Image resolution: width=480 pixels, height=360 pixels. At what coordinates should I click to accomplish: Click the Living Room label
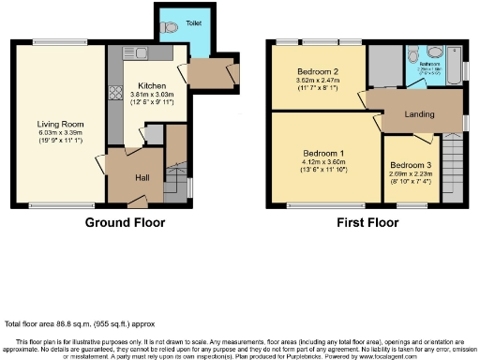point(55,124)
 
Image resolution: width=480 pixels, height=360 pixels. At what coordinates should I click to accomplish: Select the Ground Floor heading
point(125,223)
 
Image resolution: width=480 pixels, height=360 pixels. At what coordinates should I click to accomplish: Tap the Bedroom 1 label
point(322,153)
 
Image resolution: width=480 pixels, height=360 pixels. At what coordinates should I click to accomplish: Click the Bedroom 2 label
point(317,72)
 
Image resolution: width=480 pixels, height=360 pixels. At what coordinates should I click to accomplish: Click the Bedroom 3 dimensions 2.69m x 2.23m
point(412,178)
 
